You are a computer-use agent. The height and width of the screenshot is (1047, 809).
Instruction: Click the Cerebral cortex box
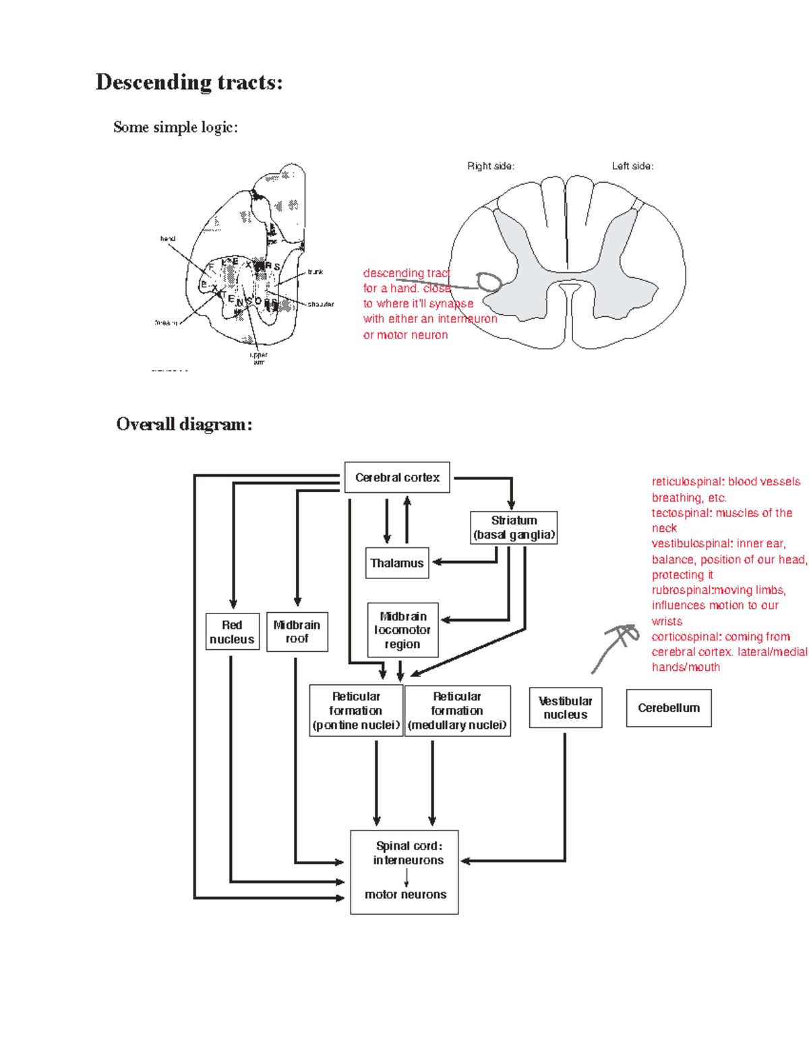tap(397, 477)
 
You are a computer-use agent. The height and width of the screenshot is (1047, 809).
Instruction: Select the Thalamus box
tap(397, 563)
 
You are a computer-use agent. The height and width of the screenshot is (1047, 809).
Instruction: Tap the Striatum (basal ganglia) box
tap(514, 528)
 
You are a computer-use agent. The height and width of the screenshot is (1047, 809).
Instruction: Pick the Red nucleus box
tap(232, 632)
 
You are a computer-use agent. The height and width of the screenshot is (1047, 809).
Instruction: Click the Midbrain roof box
tap(297, 632)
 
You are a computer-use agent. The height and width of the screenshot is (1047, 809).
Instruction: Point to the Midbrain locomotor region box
tap(402, 630)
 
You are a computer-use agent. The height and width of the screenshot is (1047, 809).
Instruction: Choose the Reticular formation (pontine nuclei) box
tap(356, 711)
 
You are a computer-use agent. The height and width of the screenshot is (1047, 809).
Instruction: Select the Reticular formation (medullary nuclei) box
tap(457, 711)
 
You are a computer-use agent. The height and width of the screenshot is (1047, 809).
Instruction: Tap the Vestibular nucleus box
tap(565, 708)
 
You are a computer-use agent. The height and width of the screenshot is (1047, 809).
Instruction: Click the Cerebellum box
tap(669, 708)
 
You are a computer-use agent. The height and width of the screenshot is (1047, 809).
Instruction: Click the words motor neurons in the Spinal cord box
tap(405, 895)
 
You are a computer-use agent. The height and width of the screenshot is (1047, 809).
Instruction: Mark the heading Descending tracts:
tap(189, 82)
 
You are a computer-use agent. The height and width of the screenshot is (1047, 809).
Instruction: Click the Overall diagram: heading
tap(184, 424)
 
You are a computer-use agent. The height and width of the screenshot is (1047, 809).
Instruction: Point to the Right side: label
tap(491, 166)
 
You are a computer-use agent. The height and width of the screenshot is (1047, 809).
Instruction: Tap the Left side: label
tap(632, 166)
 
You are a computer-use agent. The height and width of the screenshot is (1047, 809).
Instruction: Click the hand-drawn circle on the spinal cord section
tap(489, 282)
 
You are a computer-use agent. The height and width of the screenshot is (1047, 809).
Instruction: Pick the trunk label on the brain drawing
tap(315, 272)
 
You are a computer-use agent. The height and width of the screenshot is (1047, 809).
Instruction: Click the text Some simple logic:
tap(175, 127)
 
